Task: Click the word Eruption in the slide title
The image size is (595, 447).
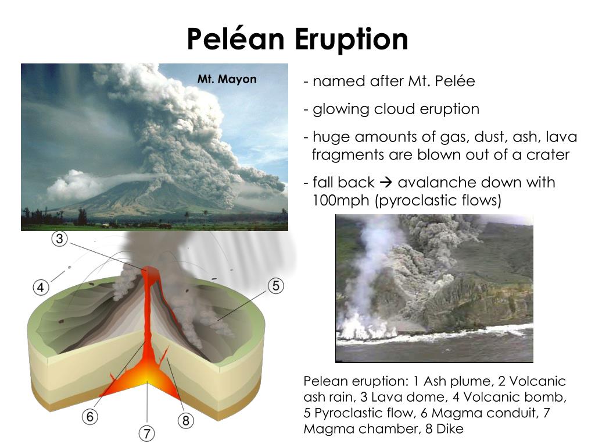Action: [x=351, y=40]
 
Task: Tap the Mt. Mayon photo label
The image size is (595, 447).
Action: [x=227, y=79]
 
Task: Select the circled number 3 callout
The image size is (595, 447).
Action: [x=60, y=239]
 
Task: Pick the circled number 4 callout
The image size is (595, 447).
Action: [x=40, y=287]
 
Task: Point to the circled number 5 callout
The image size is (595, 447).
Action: [x=275, y=286]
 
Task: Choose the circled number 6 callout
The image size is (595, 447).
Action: [x=90, y=416]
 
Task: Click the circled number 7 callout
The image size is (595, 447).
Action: [x=147, y=433]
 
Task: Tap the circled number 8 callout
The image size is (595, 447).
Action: [x=185, y=420]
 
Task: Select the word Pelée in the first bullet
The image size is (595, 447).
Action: [x=458, y=81]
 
